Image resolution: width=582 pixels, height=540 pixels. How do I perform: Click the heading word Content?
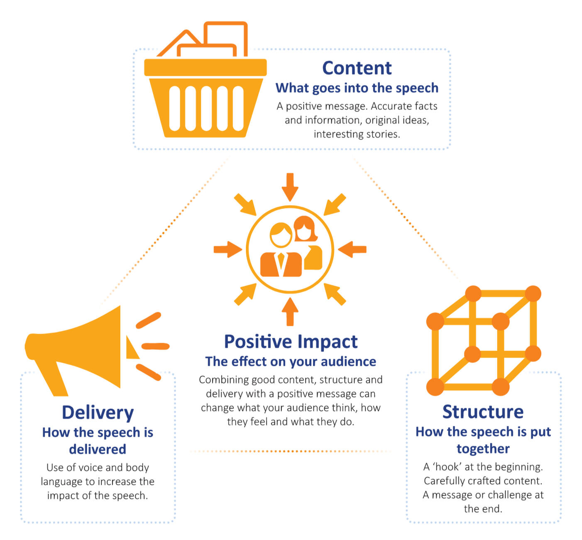357,68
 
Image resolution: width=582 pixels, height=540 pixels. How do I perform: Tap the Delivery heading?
98,413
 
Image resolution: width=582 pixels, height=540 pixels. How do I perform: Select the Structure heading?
483,412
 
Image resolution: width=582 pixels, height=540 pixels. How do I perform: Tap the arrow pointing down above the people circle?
290,186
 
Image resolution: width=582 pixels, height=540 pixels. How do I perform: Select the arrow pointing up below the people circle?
290,312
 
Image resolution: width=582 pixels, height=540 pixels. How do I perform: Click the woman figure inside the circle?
308,245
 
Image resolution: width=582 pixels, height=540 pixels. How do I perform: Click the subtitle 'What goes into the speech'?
357,88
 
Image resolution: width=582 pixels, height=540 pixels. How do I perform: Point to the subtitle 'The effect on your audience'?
291,362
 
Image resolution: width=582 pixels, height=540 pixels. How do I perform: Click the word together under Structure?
483,449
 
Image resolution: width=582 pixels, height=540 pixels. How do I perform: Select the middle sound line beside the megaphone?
155,346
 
